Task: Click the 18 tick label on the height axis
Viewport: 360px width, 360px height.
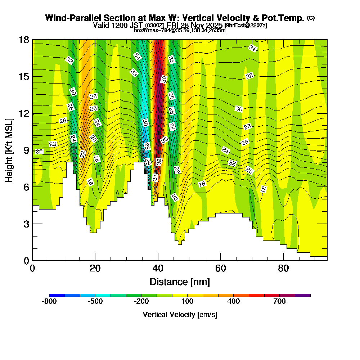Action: [x=23, y=40]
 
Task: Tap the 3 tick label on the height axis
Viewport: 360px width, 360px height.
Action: [x=26, y=224]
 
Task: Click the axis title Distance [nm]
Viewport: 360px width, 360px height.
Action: [x=180, y=282]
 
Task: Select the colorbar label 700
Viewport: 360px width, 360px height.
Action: [x=280, y=302]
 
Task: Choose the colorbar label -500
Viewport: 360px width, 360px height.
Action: [x=95, y=302]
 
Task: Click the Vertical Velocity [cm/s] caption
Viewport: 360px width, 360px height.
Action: [x=180, y=315]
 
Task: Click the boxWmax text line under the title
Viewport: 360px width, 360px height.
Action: [x=180, y=30]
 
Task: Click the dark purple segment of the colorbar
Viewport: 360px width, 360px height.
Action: [x=303, y=295]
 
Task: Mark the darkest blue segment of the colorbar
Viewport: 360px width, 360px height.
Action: [x=57, y=295]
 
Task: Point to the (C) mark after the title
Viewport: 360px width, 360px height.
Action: [x=311, y=18]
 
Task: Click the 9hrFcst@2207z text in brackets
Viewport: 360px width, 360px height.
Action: [x=246, y=26]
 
